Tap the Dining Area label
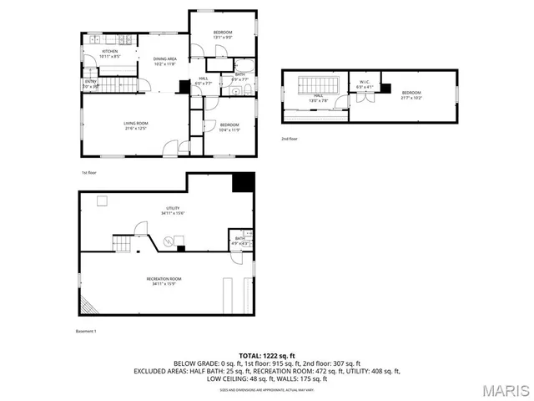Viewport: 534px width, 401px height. (x=164, y=60)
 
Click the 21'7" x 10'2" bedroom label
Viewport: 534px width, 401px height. (x=411, y=94)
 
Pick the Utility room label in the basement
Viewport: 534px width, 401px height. (x=173, y=210)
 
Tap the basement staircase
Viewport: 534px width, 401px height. (x=123, y=243)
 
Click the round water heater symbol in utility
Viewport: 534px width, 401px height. (x=169, y=241)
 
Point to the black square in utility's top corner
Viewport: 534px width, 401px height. (x=243, y=182)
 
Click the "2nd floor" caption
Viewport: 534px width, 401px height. (x=289, y=139)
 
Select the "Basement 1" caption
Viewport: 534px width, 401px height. (x=86, y=332)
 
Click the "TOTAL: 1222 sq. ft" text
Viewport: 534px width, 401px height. (x=266, y=356)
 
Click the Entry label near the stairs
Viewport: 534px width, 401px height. (x=90, y=82)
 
